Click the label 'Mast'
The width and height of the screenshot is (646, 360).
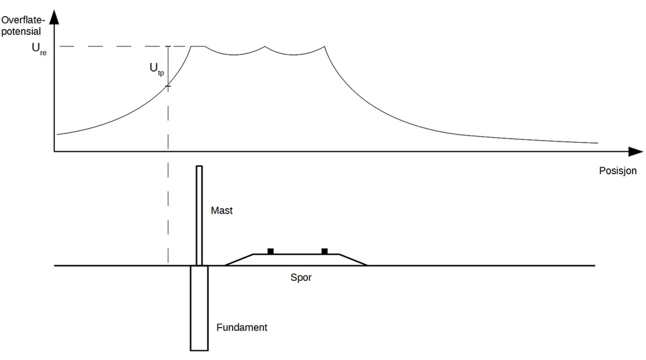[x=222, y=210]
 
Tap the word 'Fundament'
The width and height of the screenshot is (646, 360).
[x=241, y=327]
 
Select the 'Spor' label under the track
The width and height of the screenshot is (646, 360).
[x=301, y=277]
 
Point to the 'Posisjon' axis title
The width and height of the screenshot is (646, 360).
[x=617, y=171]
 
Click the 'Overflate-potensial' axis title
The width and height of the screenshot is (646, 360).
[x=22, y=26]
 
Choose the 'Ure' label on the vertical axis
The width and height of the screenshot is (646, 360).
[x=39, y=49]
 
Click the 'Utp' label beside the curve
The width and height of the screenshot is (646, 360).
[x=156, y=69]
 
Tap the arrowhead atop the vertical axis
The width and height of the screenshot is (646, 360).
[x=54, y=17]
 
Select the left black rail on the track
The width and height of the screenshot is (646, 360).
[x=271, y=251]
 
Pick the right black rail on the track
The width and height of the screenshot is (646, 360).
[x=324, y=251]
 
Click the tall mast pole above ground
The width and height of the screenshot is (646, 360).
[x=199, y=214]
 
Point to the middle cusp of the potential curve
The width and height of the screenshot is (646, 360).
[x=265, y=47]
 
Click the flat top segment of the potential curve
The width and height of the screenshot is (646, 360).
[x=198, y=46]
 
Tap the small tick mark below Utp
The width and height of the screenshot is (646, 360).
[x=168, y=86]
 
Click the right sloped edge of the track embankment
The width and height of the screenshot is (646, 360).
[x=353, y=260]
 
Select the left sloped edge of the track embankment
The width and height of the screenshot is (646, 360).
[x=239, y=260]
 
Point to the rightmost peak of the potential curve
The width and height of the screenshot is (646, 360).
[x=324, y=47]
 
